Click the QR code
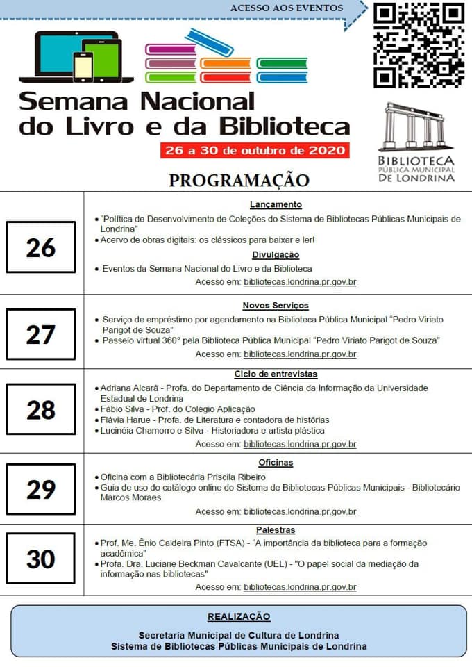point(419,46)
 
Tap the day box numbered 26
point(40,247)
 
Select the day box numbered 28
point(40,410)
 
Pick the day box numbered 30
point(40,559)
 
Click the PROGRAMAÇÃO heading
point(239,180)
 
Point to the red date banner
point(254,150)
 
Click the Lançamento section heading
point(276,204)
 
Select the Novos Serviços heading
point(276,305)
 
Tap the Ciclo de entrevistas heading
point(276,374)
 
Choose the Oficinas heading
point(276,462)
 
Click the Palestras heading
point(276,530)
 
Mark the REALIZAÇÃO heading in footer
point(239,616)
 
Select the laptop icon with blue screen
point(59,56)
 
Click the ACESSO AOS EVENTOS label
point(287,8)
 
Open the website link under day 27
point(300,354)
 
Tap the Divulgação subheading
point(276,254)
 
